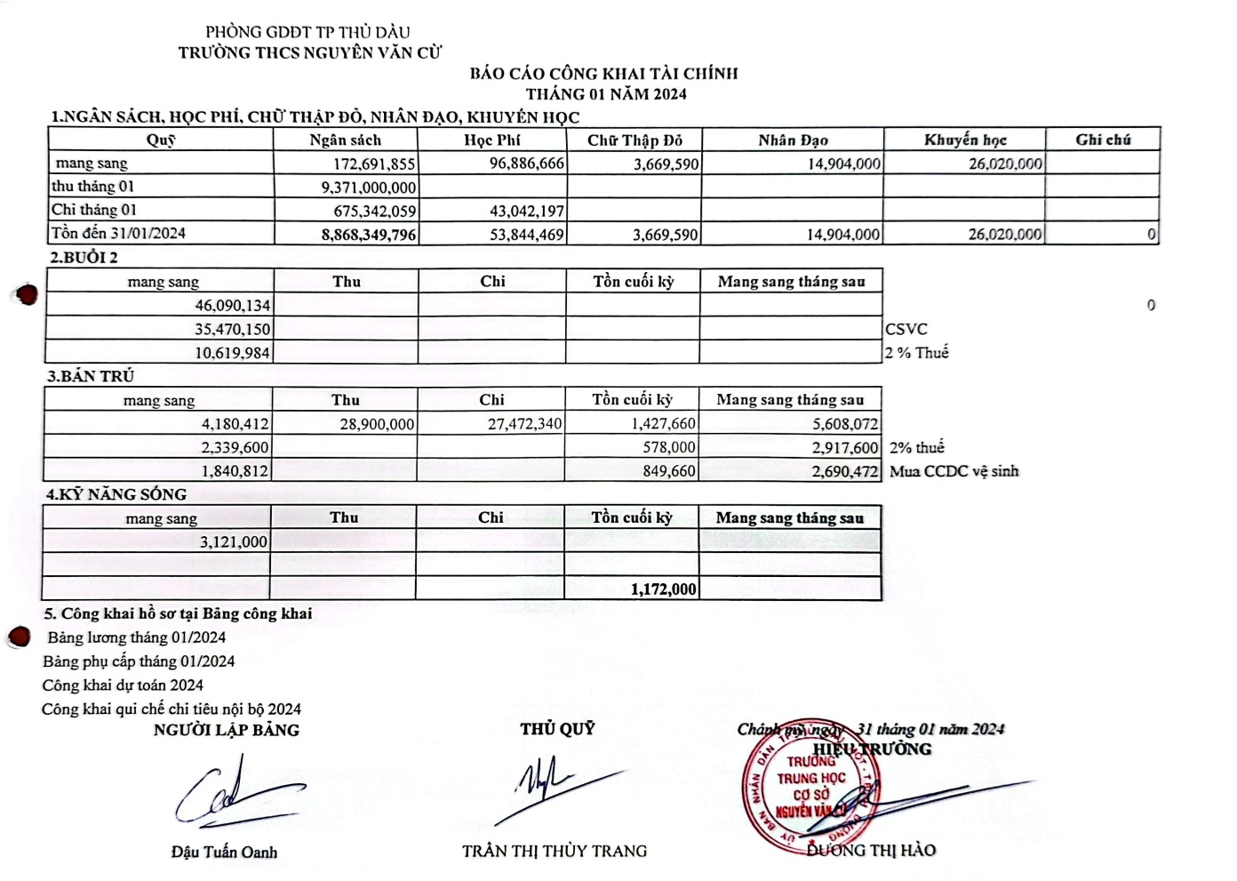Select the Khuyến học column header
click(x=965, y=140)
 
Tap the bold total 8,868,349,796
click(x=369, y=235)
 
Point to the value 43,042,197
click(x=527, y=212)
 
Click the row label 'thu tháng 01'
click(x=93, y=187)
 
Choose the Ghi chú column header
click(x=1103, y=140)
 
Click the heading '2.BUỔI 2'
click(x=84, y=258)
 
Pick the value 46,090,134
click(x=233, y=306)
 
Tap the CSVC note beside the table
click(x=906, y=329)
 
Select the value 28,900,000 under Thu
click(x=377, y=425)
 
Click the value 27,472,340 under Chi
click(x=524, y=425)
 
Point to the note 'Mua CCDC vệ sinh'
click(x=954, y=471)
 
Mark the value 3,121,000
click(x=233, y=542)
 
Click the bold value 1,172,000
click(x=663, y=589)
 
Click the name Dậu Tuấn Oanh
click(x=224, y=853)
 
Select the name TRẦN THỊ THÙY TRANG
click(x=555, y=852)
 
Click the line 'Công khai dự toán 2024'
click(x=123, y=685)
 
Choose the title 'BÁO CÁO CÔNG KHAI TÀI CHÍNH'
click(x=603, y=74)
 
